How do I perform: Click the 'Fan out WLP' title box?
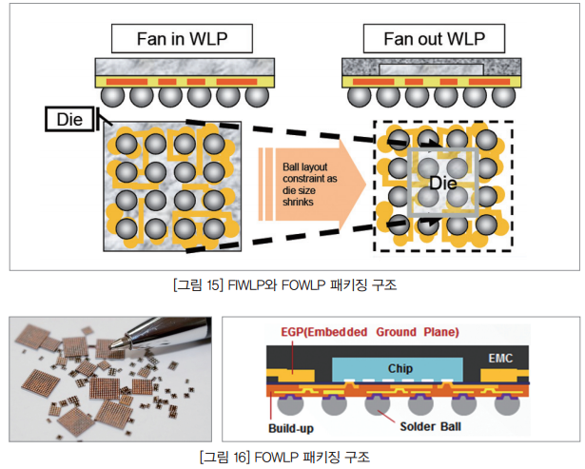(x=421, y=39)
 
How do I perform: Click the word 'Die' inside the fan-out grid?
(x=442, y=182)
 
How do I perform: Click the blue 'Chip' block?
(x=400, y=368)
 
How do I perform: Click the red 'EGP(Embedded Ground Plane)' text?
(x=369, y=332)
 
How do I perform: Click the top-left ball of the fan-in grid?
(x=126, y=144)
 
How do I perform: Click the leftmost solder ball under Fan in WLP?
(x=114, y=98)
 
